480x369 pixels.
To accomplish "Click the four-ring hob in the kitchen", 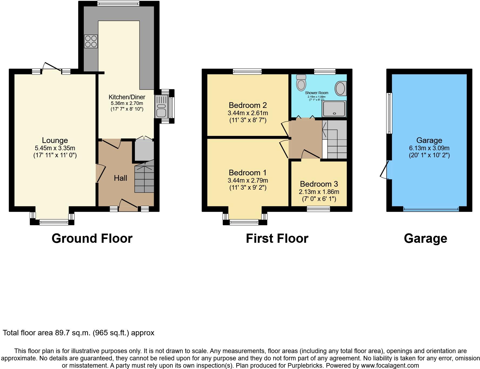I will (91, 41).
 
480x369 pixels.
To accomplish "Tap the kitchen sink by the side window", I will (161, 106).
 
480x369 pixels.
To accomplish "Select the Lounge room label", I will (55, 140).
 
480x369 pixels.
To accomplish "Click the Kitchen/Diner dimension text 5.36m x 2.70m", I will (127, 103).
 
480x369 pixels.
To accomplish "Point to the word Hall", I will (120, 178).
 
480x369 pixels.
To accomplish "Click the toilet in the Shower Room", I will (301, 82).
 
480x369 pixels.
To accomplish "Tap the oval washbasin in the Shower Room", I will (340, 88).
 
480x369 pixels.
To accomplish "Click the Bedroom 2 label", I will (248, 105).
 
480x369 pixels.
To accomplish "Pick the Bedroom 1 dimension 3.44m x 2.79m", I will (248, 180).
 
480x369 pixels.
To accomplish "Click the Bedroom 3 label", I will (319, 184).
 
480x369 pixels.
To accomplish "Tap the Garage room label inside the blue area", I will (429, 140).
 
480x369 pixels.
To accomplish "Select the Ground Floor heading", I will (92, 238).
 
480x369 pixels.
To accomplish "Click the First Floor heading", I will (277, 238).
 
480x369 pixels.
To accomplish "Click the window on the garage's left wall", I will (389, 113).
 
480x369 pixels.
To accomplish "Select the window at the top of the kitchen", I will (118, 4).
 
